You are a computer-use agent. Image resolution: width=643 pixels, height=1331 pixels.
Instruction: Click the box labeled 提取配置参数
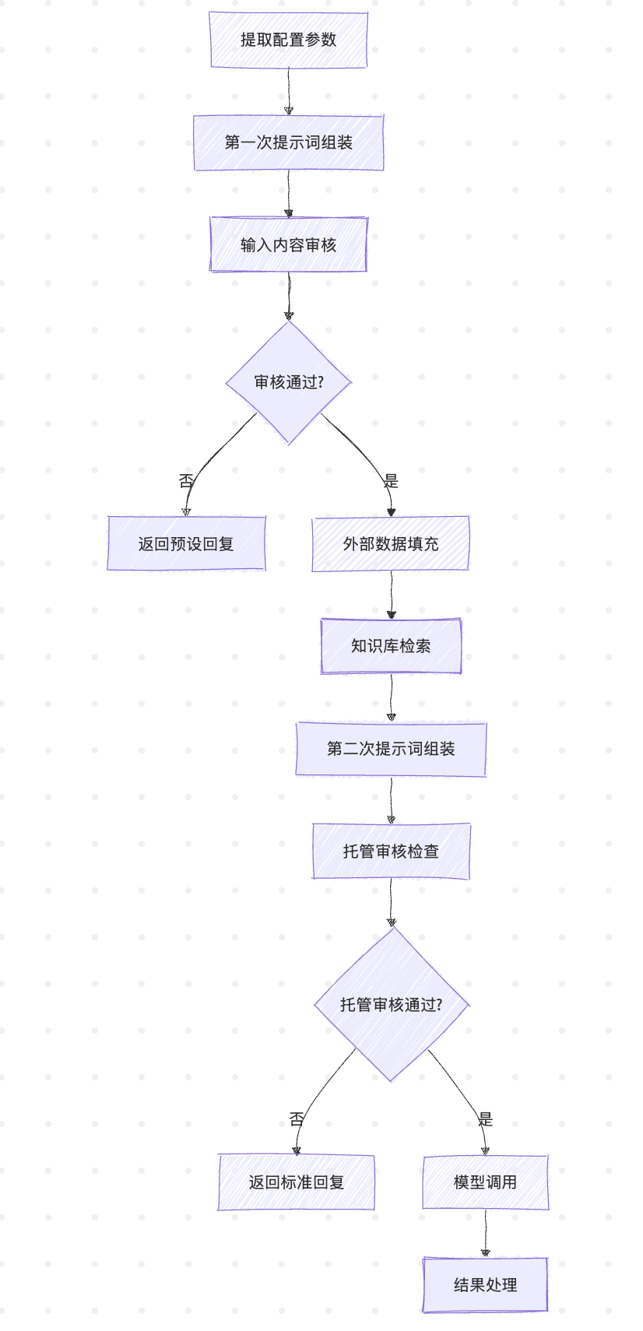click(288, 40)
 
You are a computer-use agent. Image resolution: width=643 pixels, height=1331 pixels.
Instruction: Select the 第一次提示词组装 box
click(288, 142)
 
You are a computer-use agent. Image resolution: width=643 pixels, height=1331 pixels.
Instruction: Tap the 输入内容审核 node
click(288, 244)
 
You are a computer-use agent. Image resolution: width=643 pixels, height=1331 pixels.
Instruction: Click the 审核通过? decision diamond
click(288, 382)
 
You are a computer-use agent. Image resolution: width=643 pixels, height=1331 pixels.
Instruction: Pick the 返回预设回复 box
click(186, 543)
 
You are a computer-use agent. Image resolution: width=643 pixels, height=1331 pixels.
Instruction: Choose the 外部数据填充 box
click(391, 543)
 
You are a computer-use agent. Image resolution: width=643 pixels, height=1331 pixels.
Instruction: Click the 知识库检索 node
click(391, 645)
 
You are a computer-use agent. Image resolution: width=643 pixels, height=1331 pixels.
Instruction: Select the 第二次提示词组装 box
click(391, 748)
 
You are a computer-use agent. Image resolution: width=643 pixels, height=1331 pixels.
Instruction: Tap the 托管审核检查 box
click(391, 851)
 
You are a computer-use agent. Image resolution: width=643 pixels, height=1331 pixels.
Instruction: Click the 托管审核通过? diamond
click(391, 1004)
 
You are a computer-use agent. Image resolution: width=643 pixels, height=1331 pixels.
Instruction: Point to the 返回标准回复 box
click(296, 1182)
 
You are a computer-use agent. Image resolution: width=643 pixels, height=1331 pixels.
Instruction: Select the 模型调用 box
click(485, 1182)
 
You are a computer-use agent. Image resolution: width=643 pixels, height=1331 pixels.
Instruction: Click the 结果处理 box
click(485, 1284)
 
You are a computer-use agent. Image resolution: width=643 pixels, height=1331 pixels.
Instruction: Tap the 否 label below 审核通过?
click(186, 481)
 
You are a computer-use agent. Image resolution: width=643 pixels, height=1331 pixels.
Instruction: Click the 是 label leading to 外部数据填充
click(391, 481)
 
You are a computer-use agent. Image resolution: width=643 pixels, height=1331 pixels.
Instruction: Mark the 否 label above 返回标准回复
click(297, 1119)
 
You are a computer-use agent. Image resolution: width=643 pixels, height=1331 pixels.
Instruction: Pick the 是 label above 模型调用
click(485, 1119)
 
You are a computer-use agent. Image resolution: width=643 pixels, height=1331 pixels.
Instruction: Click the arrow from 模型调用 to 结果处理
click(485, 1233)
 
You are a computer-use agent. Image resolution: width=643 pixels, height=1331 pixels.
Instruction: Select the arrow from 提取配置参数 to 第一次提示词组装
click(288, 91)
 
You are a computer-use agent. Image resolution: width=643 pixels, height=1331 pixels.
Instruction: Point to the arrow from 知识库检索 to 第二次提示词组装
click(391, 697)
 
